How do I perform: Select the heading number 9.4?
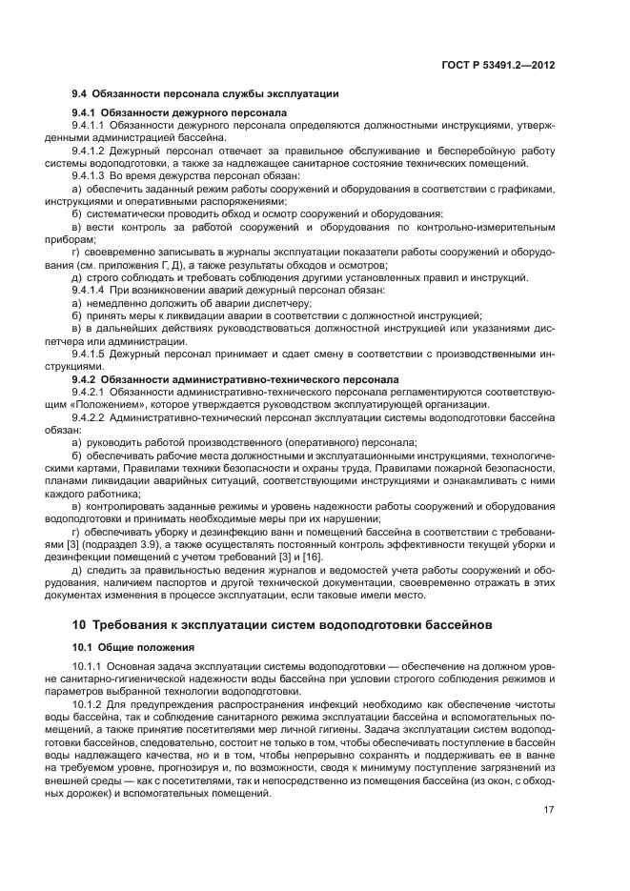[81, 93]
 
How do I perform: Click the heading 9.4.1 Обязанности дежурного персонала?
[180, 112]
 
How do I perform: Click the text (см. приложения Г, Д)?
[132, 264]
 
